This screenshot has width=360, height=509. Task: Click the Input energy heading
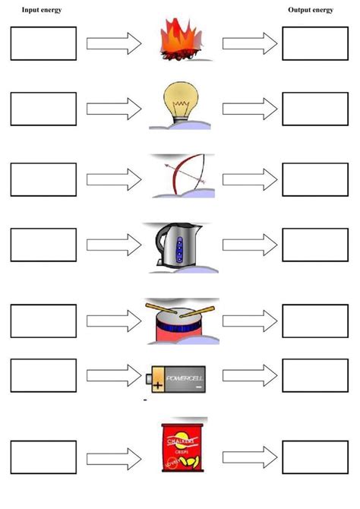tap(42, 10)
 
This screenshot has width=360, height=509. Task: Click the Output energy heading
tap(311, 10)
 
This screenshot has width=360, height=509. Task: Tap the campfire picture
tap(181, 41)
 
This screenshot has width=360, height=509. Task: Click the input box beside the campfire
tap(43, 43)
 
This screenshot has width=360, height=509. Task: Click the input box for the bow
tap(43, 179)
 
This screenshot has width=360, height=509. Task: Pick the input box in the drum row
tap(43, 321)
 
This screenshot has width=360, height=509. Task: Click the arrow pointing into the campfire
tap(114, 43)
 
